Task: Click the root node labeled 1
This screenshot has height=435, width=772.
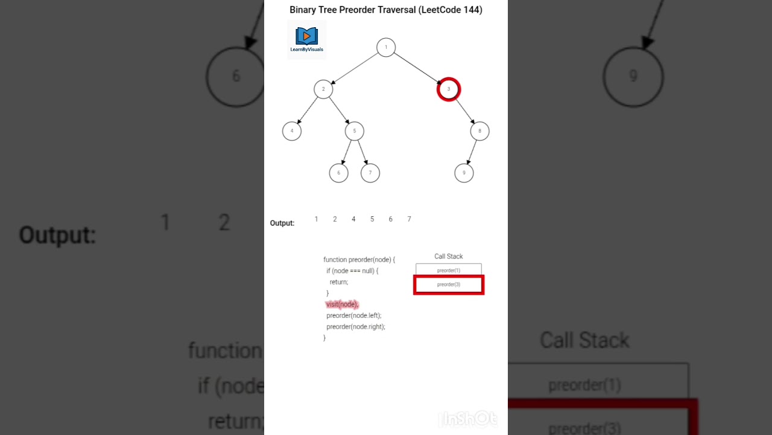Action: [x=386, y=47]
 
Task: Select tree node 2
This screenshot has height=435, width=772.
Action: [x=323, y=89]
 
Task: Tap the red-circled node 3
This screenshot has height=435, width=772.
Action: [x=449, y=89]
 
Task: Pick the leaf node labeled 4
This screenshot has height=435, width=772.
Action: [x=292, y=131]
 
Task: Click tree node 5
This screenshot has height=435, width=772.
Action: [x=355, y=131]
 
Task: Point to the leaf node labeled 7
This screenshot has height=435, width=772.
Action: [x=370, y=173]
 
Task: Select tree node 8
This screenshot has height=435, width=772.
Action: [x=480, y=131]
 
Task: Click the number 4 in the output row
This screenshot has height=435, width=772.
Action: [x=353, y=219]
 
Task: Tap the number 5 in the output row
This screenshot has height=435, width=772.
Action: [x=372, y=219]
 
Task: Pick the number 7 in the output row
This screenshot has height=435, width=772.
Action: [x=410, y=219]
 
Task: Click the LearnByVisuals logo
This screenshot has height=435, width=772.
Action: [x=306, y=39]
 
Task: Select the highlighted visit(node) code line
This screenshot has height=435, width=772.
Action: [x=342, y=304]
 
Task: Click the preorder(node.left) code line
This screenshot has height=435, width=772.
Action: [x=354, y=315]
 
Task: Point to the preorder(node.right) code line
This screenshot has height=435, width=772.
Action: [x=356, y=326]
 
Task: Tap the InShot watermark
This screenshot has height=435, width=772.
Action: [x=469, y=419]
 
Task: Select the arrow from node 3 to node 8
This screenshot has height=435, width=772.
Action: [x=464, y=111]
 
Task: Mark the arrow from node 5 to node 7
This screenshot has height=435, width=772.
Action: [x=362, y=152]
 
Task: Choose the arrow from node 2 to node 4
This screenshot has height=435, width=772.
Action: [x=308, y=111]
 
